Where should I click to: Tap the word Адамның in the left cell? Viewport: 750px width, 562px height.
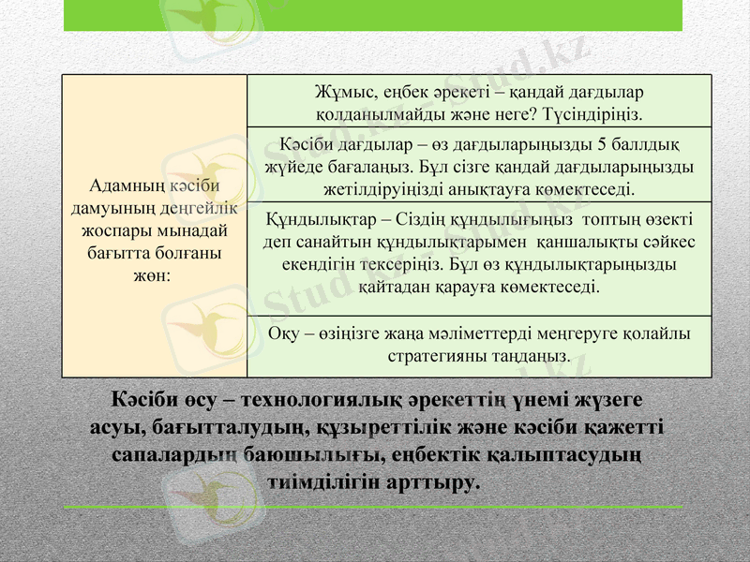124,187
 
